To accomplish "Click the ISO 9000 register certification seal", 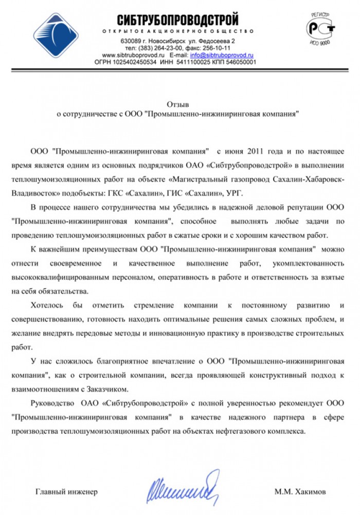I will (x=320, y=28).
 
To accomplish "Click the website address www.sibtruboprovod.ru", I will (x=133, y=55).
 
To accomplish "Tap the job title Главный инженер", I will (x=66, y=491).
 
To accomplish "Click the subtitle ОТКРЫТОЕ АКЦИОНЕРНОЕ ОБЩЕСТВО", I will (x=178, y=32).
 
